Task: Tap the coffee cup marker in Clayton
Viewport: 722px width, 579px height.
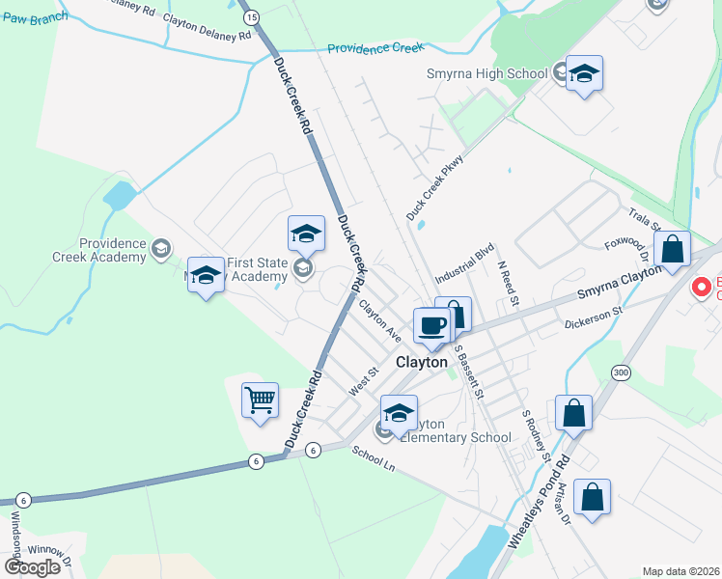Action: pos(431,325)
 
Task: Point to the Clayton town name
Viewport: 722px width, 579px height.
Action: pos(422,363)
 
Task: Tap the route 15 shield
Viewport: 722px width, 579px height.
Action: pos(251,17)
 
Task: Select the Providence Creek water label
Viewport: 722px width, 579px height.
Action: pos(376,48)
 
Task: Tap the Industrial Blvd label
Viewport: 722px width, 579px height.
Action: pos(464,262)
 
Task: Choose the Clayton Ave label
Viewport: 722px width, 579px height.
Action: pos(379,320)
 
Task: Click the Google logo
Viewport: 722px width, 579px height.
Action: pos(32,567)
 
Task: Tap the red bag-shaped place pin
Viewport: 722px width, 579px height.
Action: pos(702,288)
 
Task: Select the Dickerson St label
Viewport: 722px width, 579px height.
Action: pos(596,316)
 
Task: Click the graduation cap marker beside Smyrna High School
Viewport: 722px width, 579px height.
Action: pos(584,74)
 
